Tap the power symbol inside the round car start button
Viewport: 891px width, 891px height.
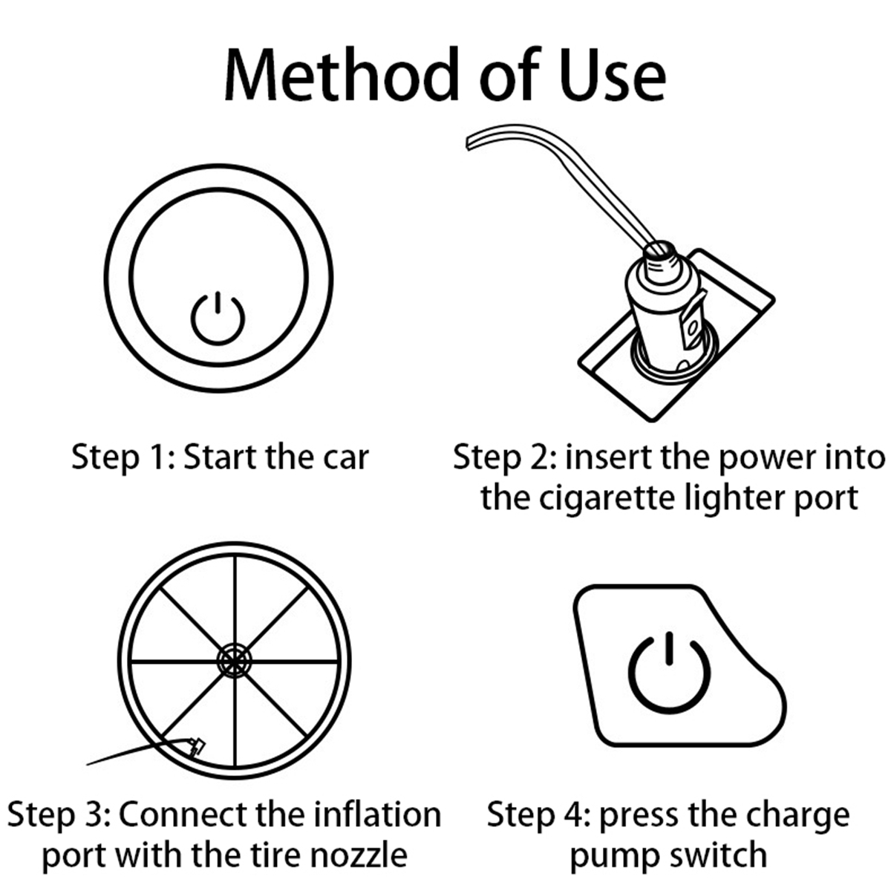coord(218,319)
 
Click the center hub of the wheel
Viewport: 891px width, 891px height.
coord(235,660)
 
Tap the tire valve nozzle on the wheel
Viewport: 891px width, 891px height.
coord(197,745)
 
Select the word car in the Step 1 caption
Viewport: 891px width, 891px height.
coord(345,457)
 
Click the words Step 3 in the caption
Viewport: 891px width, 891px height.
coord(59,815)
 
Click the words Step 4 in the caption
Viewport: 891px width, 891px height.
coord(538,815)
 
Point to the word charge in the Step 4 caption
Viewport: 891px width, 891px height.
coord(798,815)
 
